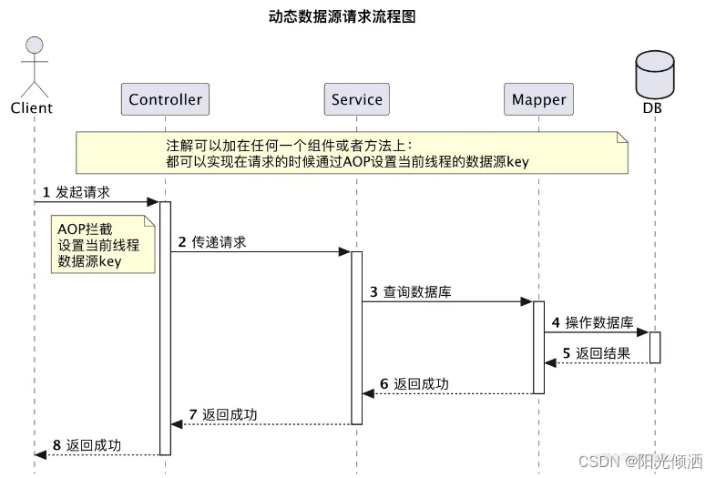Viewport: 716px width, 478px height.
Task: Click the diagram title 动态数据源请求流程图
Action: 354,16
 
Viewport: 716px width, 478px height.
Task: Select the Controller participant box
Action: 165,99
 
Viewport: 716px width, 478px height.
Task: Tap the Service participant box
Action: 357,99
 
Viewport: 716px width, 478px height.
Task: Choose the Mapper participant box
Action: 538,99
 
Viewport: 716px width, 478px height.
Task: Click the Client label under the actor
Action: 32,108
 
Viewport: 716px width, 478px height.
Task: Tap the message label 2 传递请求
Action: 211,242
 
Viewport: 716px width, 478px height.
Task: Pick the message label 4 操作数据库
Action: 592,323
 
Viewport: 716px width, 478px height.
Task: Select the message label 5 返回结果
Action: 596,353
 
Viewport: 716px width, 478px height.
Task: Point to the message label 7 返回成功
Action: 223,415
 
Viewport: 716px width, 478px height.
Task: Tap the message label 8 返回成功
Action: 87,445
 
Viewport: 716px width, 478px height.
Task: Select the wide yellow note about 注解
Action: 352,153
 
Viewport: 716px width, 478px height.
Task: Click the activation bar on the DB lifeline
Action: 654,347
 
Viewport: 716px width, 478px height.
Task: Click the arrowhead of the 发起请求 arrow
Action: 154,202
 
